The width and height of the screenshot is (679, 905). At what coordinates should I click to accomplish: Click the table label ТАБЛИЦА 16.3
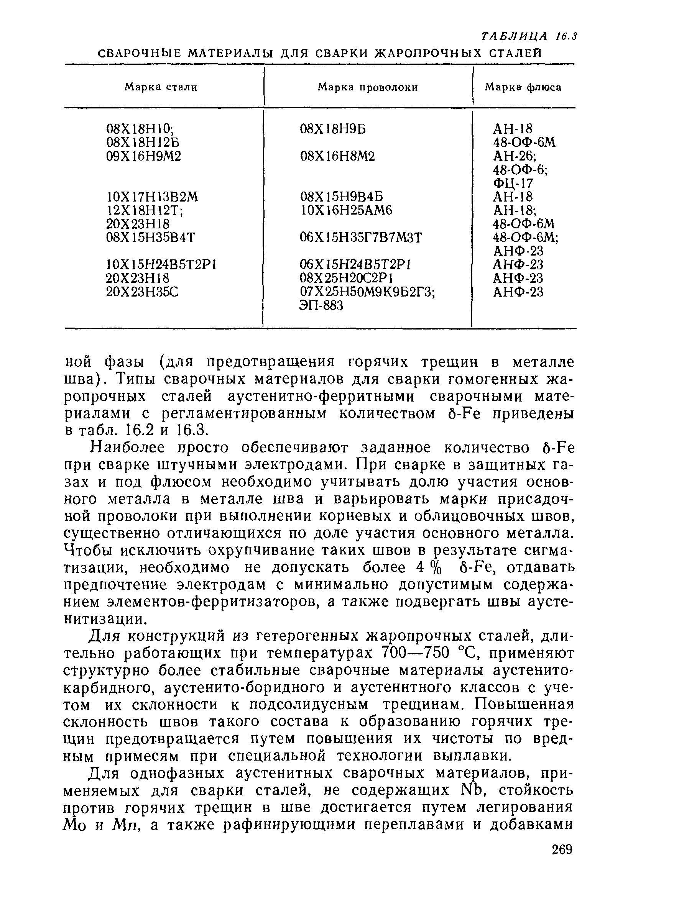tap(528, 36)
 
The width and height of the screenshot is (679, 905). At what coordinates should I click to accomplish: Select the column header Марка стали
tap(161, 87)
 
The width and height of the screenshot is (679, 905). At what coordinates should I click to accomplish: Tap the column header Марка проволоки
tap(368, 87)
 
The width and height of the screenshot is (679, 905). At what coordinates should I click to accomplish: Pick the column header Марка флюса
tap(523, 87)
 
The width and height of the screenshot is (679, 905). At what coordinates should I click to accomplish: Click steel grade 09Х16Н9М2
tap(143, 156)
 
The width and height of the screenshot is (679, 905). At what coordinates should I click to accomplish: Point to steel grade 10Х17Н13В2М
tap(152, 197)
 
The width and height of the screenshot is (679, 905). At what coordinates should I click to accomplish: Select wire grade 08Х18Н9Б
tap(332, 129)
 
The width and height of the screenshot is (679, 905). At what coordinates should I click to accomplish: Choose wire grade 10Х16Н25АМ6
tap(346, 210)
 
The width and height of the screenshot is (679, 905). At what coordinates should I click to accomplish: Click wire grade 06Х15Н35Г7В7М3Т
tap(360, 238)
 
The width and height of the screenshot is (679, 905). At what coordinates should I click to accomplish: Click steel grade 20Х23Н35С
tap(142, 292)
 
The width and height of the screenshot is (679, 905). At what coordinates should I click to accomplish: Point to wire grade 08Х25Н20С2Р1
tap(346, 278)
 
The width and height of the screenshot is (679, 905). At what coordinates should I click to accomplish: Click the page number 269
tap(562, 849)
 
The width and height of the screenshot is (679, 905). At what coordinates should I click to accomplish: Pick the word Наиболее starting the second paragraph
tap(127, 448)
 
